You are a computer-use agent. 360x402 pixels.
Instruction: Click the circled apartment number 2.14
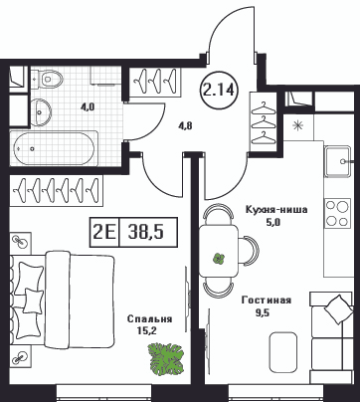pos(219,90)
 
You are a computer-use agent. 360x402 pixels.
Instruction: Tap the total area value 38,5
pos(146,232)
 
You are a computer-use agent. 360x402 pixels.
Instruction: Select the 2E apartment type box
pos(103,232)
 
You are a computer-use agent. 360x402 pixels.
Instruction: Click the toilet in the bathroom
pos(50,79)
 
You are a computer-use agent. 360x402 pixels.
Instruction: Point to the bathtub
pos(54,148)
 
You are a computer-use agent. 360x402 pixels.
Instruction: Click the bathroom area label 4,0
pos(88,106)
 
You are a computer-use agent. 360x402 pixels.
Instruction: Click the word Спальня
pos(149,319)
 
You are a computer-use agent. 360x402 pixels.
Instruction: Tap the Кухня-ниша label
pos(276,210)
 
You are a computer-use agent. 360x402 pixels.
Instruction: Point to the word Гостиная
pos(267,301)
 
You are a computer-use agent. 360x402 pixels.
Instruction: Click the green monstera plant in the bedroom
pos(166,359)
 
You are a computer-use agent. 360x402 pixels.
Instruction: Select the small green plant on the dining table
pos(218,259)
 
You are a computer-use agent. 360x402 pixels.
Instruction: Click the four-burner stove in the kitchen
pos(337,213)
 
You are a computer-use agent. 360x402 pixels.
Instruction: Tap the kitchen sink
pos(337,162)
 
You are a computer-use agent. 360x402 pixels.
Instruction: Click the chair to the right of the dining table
pos(249,251)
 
